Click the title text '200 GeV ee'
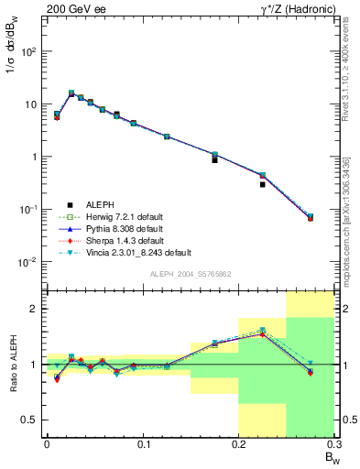(x=70, y=7)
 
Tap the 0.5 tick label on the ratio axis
(x=30, y=420)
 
